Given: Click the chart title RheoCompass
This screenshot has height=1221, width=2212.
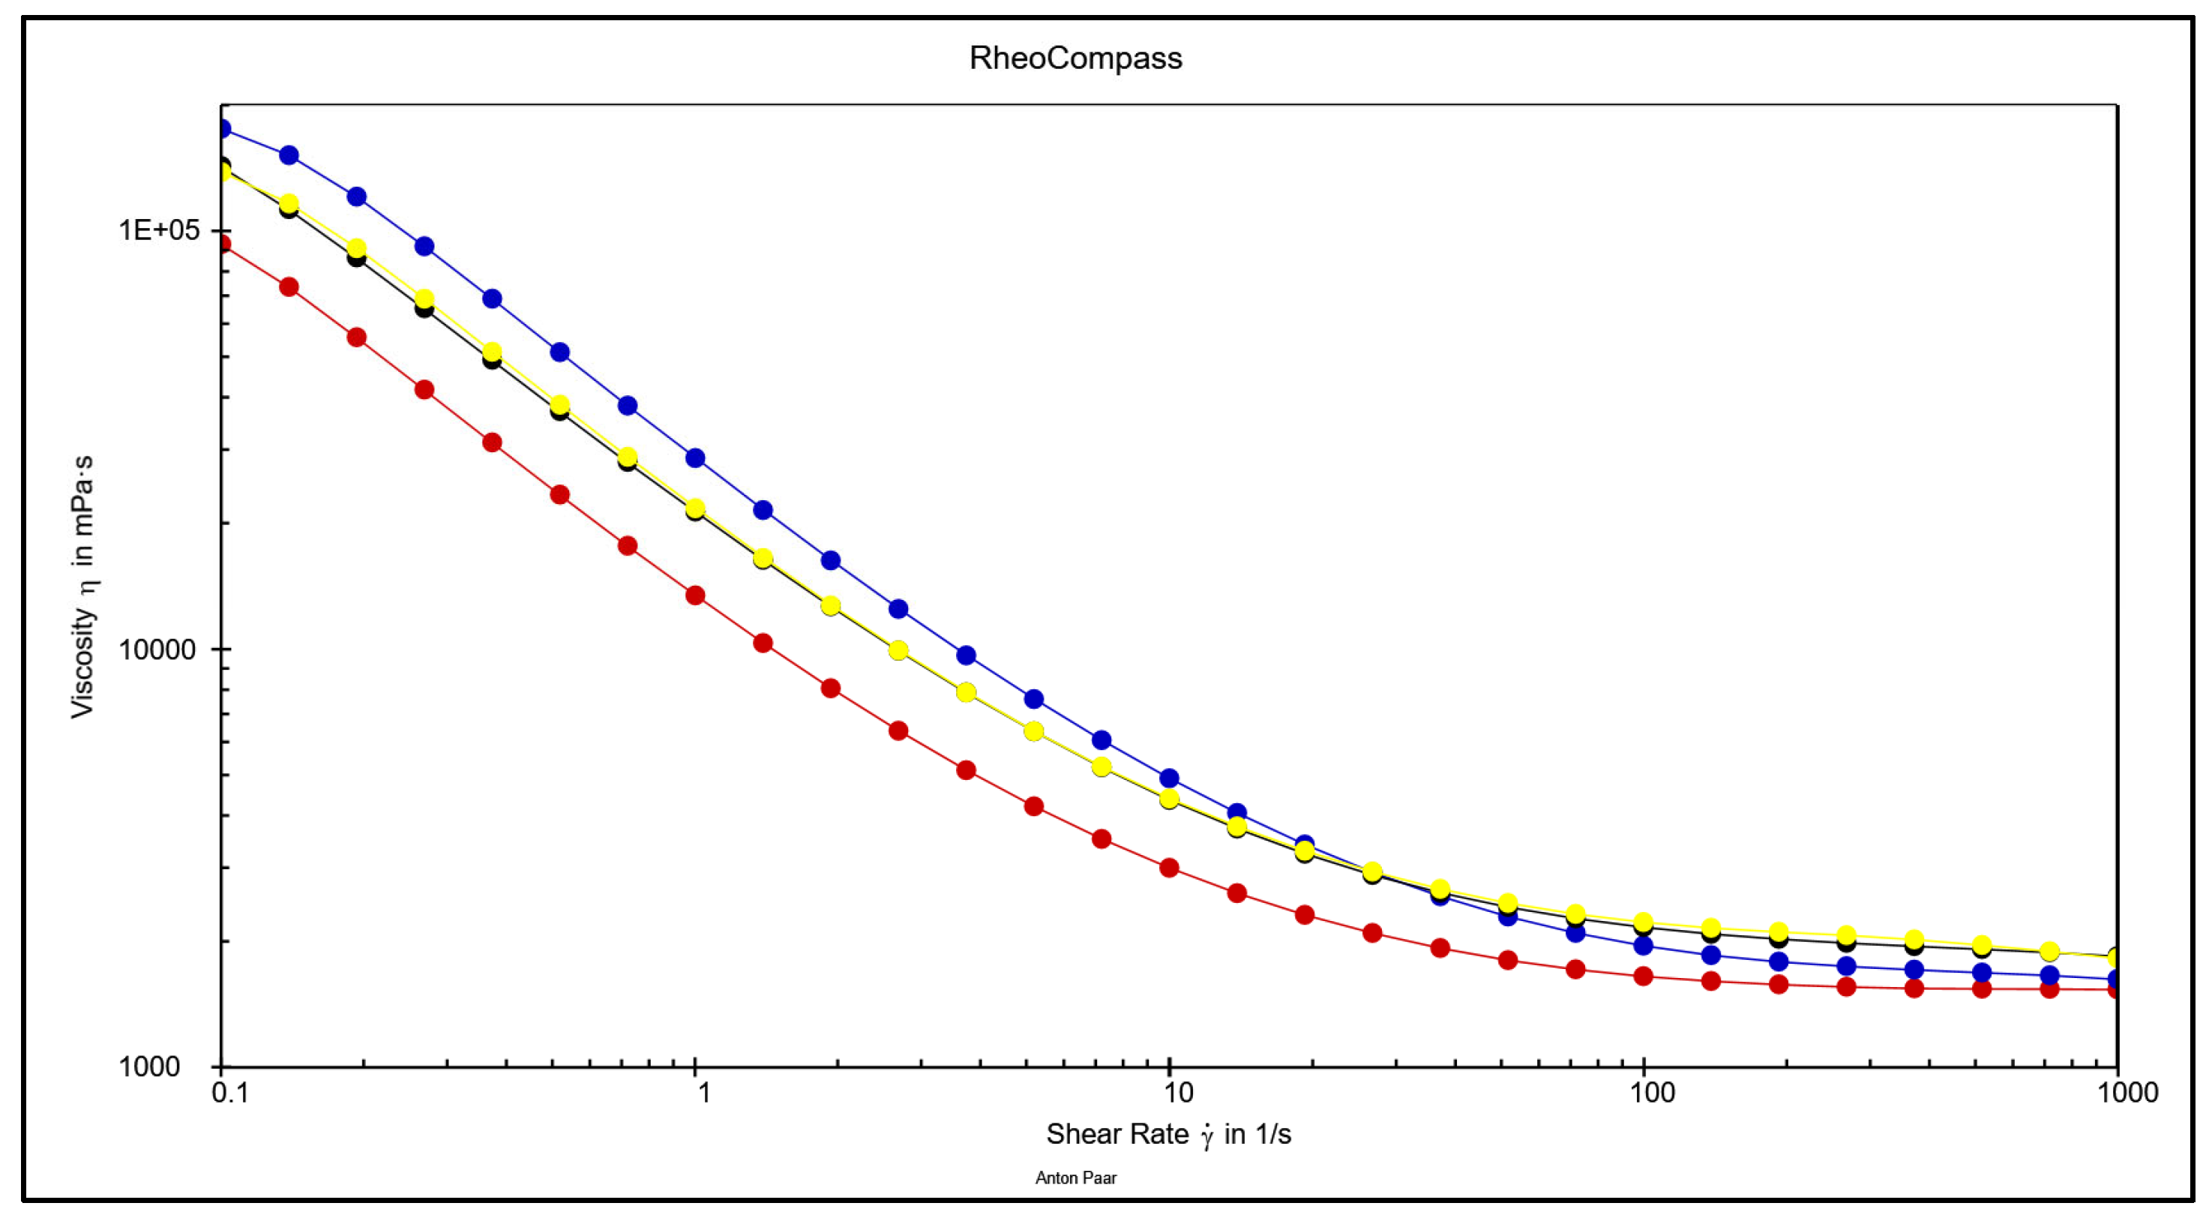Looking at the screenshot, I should click(x=1075, y=58).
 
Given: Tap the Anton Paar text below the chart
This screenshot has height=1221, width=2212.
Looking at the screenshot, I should click(x=1075, y=1178).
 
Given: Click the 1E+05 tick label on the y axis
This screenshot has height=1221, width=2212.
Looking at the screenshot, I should click(x=159, y=230).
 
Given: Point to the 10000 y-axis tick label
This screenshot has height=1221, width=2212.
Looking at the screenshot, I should click(x=157, y=649).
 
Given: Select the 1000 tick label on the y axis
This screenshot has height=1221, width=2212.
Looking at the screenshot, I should click(x=149, y=1066).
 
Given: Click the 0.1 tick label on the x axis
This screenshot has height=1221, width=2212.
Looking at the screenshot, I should click(x=229, y=1092).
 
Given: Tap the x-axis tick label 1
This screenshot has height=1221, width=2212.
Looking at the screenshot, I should click(x=703, y=1092).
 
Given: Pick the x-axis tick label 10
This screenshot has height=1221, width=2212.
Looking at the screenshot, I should click(x=1178, y=1092).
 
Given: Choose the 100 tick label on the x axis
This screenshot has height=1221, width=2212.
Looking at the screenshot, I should click(x=1652, y=1092).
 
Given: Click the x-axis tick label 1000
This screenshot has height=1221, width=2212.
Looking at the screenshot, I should click(x=2127, y=1092).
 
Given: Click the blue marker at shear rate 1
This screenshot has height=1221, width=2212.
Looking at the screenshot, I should click(x=696, y=457).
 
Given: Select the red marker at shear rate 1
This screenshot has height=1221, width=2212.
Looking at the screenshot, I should click(x=696, y=595).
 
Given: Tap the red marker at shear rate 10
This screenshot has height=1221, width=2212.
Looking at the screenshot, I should click(x=1169, y=867).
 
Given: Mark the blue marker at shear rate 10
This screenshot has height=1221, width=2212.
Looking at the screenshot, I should click(x=1169, y=778).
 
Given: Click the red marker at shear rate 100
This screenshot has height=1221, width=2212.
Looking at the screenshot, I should click(x=1644, y=976).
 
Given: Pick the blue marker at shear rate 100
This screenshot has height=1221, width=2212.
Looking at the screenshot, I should click(x=1644, y=945).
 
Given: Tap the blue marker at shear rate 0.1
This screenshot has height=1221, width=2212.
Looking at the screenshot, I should click(x=223, y=129).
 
